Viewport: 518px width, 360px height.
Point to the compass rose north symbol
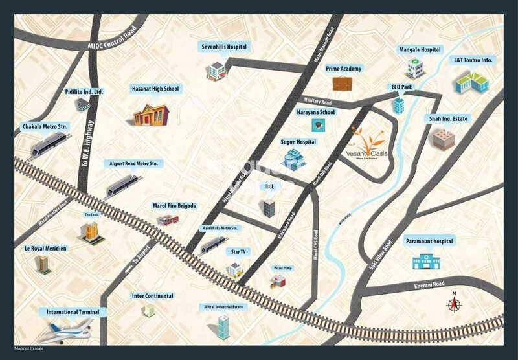(454, 304)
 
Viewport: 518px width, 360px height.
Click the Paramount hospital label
(430, 241)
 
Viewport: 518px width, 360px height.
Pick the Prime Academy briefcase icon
(343, 83)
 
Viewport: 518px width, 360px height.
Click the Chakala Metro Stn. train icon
(54, 143)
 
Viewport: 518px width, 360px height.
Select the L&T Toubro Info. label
(473, 60)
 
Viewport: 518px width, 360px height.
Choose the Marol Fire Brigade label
(174, 206)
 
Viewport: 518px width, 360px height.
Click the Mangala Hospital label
(420, 50)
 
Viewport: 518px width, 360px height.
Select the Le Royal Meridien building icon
(43, 264)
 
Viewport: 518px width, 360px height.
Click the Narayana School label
(316, 112)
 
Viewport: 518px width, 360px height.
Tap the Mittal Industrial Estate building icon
(223, 326)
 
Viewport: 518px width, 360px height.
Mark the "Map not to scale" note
(29, 349)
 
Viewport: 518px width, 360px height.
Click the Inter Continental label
(153, 296)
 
